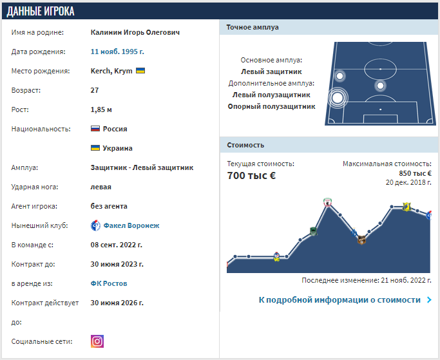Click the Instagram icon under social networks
tap(97, 341)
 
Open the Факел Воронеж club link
tap(131, 225)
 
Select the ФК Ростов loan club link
tap(109, 283)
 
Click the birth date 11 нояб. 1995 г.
tap(118, 52)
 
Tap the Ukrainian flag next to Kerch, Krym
tap(140, 71)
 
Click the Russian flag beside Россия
tap(95, 129)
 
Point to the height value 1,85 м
tap(101, 109)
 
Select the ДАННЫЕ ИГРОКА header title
tap(41, 11)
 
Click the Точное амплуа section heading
tap(253, 27)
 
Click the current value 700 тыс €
tap(251, 175)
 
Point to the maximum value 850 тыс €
tap(415, 173)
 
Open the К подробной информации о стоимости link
tap(340, 299)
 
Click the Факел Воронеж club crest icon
tap(95, 225)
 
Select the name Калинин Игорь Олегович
tap(135, 32)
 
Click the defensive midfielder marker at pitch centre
tap(380, 85)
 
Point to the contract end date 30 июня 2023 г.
tap(117, 264)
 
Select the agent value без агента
tap(109, 206)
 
